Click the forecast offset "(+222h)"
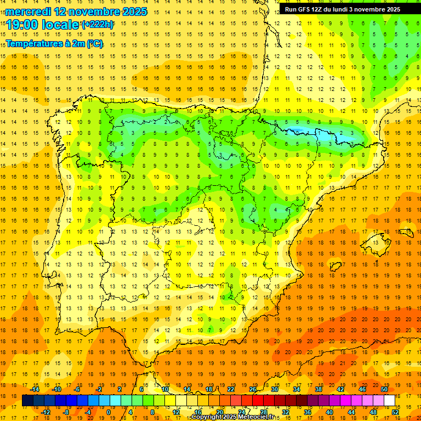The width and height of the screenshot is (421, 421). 98,25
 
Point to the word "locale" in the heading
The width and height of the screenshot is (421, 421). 60,25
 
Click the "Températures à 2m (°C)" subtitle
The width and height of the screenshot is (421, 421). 54,43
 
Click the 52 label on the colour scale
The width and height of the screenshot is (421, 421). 395,412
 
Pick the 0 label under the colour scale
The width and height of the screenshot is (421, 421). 109,412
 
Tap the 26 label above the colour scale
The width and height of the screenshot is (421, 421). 253,389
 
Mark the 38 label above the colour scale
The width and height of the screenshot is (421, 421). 318,389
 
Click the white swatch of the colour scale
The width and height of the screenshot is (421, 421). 389,401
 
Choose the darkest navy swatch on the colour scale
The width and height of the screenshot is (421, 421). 27,401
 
